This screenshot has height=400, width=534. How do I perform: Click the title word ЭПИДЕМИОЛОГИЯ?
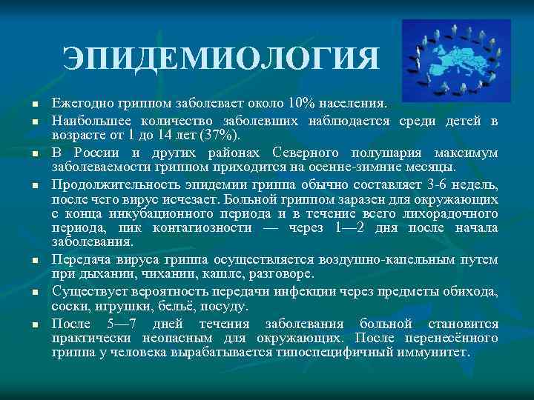click(x=222, y=58)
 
